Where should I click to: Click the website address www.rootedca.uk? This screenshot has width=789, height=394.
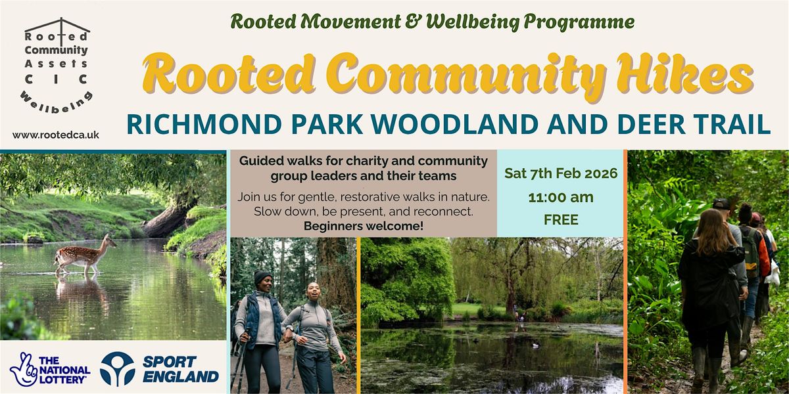56,135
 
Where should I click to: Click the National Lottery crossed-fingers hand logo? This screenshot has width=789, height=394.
24,368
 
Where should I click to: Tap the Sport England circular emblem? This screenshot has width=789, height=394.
117,368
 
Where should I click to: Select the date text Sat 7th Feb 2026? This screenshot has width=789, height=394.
561,173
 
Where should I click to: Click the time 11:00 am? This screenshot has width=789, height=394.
561,197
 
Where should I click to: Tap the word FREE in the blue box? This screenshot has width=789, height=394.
561,220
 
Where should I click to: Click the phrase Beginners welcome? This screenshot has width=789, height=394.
363,225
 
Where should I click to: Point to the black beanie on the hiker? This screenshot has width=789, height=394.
263,277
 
